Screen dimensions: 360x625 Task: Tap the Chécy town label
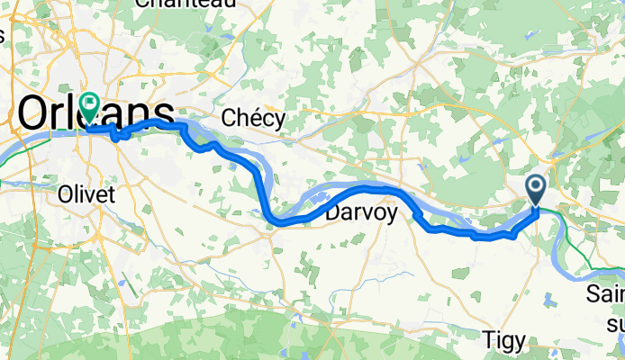[x=253, y=118]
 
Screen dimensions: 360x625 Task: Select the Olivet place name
[x=82, y=193]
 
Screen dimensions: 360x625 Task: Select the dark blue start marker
[x=536, y=189]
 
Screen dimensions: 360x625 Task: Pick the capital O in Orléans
[x=34, y=113]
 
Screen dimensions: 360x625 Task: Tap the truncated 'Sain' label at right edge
[x=605, y=294]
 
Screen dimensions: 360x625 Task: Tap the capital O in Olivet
[x=63, y=193]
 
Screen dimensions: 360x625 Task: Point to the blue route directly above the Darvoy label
[x=361, y=187]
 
